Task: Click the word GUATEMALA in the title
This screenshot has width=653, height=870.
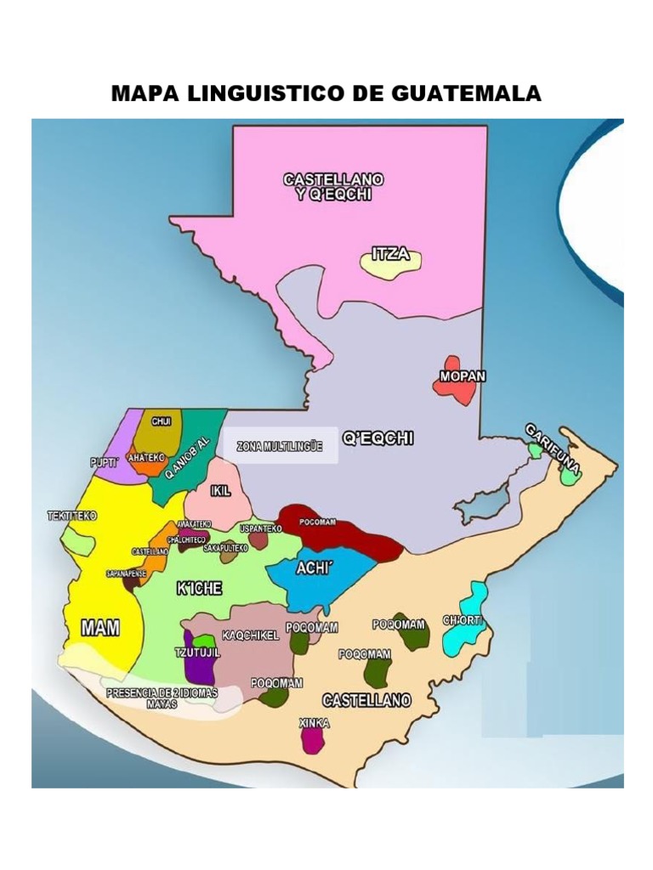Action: [x=466, y=93]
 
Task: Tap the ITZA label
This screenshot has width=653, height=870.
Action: [x=391, y=253]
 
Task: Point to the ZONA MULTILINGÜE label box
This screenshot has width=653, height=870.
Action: [x=280, y=446]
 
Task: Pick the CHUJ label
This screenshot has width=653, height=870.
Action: [x=162, y=421]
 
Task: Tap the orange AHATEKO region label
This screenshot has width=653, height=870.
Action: [x=145, y=457]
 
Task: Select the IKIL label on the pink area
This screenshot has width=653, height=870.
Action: [x=220, y=491]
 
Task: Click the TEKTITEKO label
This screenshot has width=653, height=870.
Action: [x=72, y=516]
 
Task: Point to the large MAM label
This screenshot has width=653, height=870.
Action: [x=99, y=628]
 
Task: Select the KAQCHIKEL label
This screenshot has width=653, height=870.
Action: [x=251, y=636]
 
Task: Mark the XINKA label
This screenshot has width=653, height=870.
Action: [x=314, y=723]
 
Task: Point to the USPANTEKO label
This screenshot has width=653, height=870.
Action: [x=259, y=528]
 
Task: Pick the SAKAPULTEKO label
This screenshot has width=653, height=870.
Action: [x=225, y=549]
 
